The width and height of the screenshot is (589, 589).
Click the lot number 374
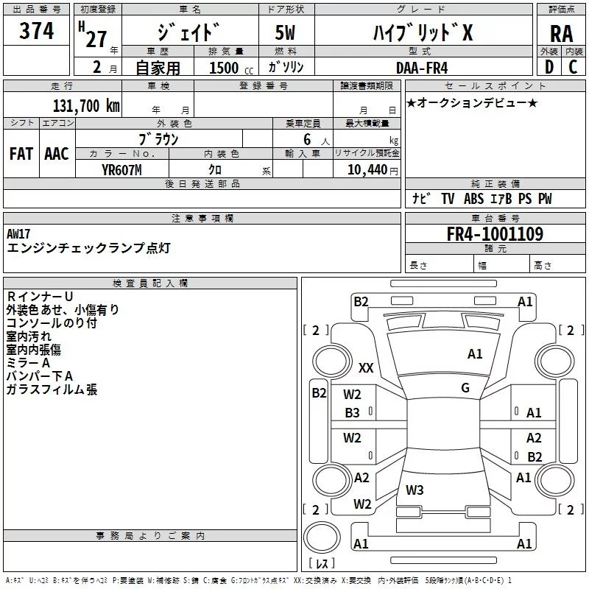click(x=36, y=30)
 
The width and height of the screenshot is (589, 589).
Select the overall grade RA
click(x=561, y=34)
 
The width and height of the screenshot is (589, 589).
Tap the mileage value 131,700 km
click(x=86, y=106)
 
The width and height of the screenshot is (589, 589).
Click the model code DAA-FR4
click(x=422, y=68)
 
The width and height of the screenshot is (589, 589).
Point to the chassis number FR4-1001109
click(x=495, y=234)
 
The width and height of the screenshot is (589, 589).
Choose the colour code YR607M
click(x=121, y=170)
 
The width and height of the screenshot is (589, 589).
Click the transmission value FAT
click(x=21, y=154)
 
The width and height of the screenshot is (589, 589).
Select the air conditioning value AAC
click(x=57, y=154)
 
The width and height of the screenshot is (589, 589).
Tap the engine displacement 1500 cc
click(x=231, y=68)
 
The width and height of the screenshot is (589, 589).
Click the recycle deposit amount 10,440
click(x=367, y=170)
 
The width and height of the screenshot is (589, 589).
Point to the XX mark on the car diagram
click(x=366, y=367)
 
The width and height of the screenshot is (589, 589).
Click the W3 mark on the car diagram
click(x=415, y=490)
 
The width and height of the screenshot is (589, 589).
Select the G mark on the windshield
click(x=465, y=388)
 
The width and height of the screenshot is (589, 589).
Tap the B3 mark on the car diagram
click(x=353, y=413)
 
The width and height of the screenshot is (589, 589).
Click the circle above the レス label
click(x=322, y=537)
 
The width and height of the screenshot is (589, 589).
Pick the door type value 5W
click(x=285, y=32)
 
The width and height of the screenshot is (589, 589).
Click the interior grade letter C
click(x=573, y=67)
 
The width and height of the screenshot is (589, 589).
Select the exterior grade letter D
click(x=549, y=67)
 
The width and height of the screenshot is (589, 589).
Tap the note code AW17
click(x=18, y=234)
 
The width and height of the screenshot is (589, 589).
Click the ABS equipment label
click(x=473, y=199)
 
